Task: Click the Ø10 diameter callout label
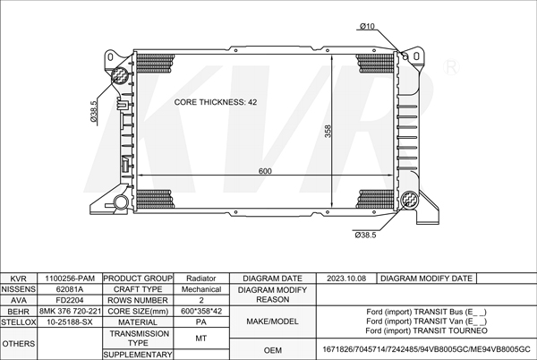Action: coord(367,26)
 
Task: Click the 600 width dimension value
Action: coord(265,171)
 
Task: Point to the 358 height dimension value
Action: coord(328,131)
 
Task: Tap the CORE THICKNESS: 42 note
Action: coord(216,102)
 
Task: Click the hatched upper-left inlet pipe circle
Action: coord(119,75)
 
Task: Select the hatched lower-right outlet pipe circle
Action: coord(410,199)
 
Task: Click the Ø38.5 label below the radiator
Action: coord(365,235)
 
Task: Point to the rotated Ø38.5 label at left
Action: coord(93,111)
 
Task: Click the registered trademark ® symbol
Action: coord(451,67)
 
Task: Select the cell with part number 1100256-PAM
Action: coord(70,279)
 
